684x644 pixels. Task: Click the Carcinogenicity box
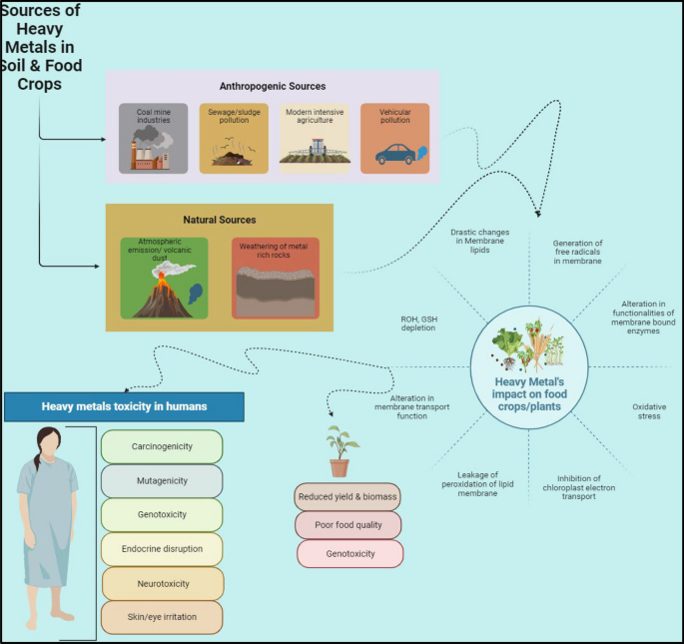(x=161, y=446)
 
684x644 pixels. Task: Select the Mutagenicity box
(x=161, y=480)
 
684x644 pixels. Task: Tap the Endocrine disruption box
(x=161, y=548)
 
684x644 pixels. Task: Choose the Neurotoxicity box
(x=161, y=583)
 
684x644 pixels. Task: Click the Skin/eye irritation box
(x=161, y=617)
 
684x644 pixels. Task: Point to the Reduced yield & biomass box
(x=346, y=496)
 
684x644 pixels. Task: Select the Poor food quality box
(x=348, y=524)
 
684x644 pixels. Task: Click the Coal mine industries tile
(x=153, y=138)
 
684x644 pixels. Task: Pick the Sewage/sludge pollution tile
(x=233, y=138)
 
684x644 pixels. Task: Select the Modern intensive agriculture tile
(x=314, y=138)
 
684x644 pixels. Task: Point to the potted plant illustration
(x=341, y=452)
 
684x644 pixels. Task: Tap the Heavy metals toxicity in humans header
(x=124, y=406)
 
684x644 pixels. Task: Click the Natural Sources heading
(x=221, y=219)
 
